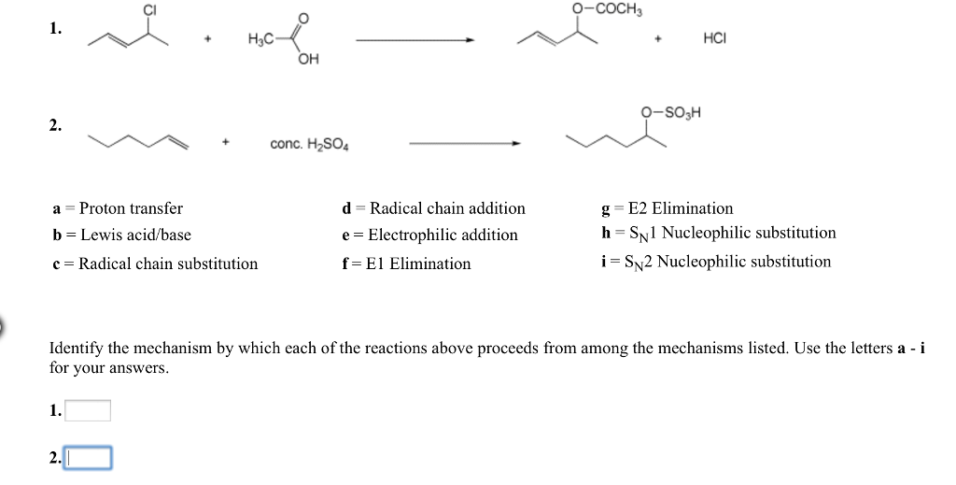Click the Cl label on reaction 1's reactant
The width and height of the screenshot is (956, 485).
click(148, 9)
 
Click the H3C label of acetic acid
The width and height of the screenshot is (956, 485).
click(260, 39)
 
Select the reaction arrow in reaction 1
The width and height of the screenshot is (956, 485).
click(415, 40)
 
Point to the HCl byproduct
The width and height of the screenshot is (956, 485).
click(714, 39)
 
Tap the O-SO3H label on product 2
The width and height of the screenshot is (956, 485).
click(669, 114)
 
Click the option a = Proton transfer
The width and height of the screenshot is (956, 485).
click(118, 208)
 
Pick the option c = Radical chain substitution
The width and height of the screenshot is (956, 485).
click(155, 264)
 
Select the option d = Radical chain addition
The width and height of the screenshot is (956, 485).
click(434, 208)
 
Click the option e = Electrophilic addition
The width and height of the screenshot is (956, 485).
click(429, 235)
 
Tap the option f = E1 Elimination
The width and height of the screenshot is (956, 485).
click(406, 264)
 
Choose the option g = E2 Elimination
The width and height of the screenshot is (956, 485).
click(668, 208)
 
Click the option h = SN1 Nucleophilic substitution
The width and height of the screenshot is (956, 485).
click(719, 233)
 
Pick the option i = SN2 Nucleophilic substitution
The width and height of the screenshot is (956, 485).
click(716, 262)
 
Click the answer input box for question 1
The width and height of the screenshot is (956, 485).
click(87, 410)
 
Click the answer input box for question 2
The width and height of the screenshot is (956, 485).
click(89, 458)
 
